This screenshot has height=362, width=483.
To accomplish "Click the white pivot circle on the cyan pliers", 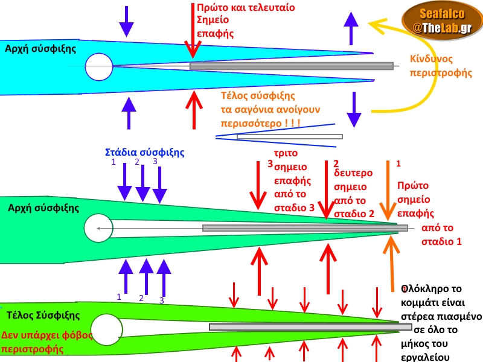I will tap(99, 66).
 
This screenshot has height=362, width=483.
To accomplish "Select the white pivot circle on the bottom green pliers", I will tap(107, 329).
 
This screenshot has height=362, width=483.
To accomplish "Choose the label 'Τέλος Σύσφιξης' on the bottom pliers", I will tap(43, 315).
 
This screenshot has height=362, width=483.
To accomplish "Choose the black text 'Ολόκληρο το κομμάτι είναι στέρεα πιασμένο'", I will tap(441, 302).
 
